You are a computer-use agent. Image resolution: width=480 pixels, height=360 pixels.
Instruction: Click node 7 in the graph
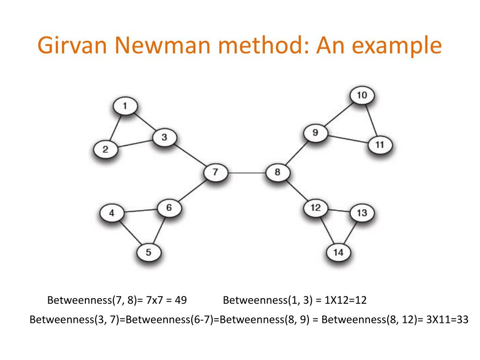click(215, 172)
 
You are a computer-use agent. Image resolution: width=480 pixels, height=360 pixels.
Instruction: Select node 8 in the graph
click(277, 172)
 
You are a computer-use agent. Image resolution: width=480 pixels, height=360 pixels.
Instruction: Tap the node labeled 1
click(125, 106)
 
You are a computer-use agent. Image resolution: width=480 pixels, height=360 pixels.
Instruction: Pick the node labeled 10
click(362, 96)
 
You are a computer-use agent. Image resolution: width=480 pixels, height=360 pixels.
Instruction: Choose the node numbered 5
click(148, 253)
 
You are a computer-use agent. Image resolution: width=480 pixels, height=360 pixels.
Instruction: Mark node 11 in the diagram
click(380, 145)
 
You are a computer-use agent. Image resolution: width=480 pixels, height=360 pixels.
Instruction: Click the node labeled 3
click(164, 137)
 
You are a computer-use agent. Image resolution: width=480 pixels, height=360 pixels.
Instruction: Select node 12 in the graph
click(315, 207)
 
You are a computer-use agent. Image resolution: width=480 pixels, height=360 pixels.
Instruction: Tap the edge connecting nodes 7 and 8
click(247, 172)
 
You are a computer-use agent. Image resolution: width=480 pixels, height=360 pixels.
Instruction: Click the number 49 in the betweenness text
click(180, 300)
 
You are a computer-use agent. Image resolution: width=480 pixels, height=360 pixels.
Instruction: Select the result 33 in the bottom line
click(462, 320)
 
